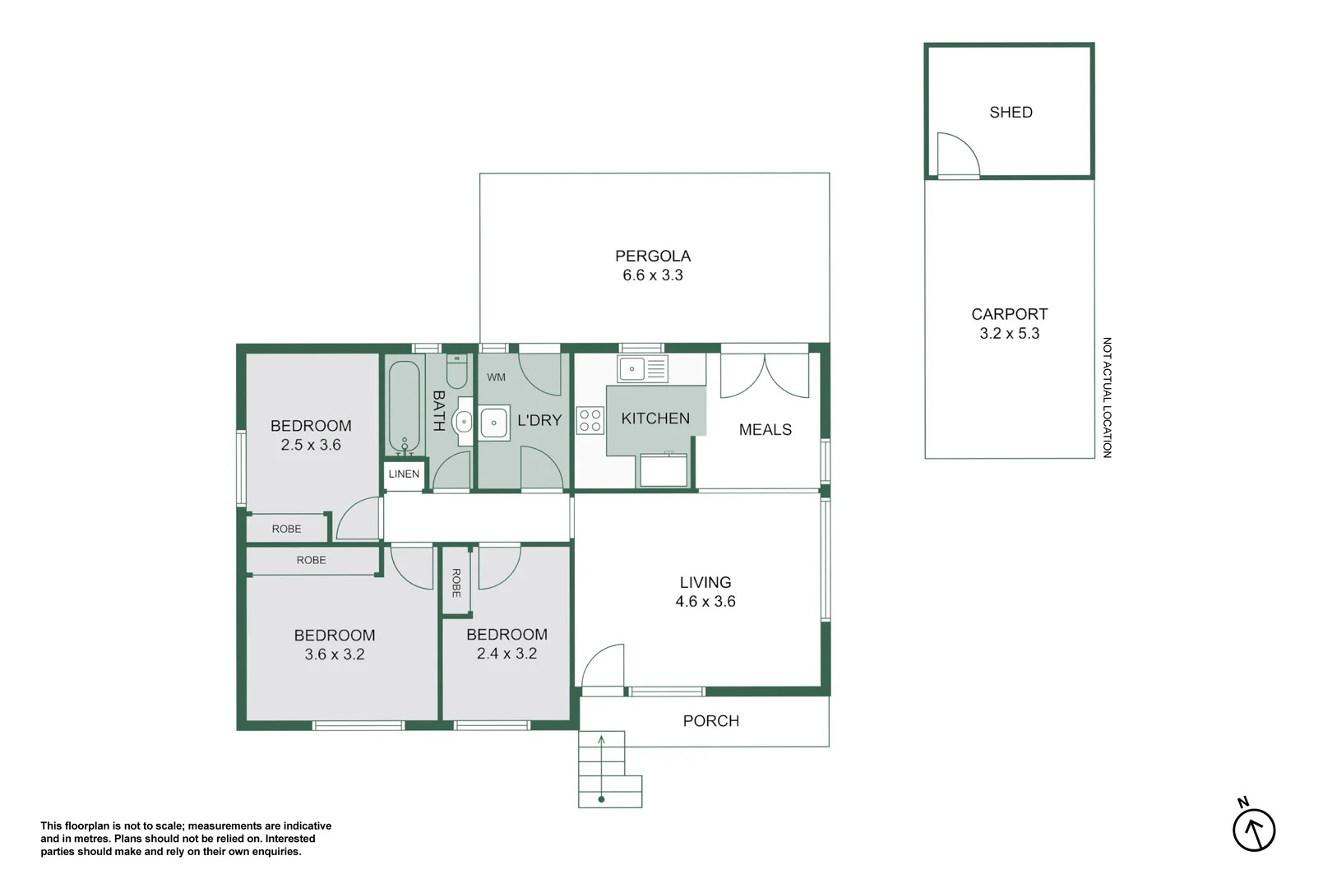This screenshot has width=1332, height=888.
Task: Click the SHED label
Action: tap(1011, 112)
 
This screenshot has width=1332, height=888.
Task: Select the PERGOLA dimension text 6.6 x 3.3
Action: tap(652, 275)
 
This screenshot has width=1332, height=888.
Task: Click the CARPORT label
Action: tap(1009, 314)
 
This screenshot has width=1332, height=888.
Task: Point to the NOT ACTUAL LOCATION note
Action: tap(1107, 397)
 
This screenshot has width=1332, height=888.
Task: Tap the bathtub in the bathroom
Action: tap(405, 408)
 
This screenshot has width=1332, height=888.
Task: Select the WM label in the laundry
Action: tap(496, 377)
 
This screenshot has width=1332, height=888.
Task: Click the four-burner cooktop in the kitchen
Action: tap(590, 420)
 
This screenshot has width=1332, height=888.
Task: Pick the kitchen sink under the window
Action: tap(642, 368)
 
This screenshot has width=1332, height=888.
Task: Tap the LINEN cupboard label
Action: tap(404, 474)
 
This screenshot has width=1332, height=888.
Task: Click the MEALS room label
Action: tap(765, 429)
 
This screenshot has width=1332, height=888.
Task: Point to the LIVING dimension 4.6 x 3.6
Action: tap(705, 601)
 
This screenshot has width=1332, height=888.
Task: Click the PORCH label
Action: tap(710, 721)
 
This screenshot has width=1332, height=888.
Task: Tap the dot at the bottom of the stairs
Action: tap(601, 799)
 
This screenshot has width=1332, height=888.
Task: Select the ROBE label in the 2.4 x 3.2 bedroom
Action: tap(456, 583)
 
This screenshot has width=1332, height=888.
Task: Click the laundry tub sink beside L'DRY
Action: tap(493, 423)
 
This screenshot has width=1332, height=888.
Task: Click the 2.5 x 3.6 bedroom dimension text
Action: tap(311, 445)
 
